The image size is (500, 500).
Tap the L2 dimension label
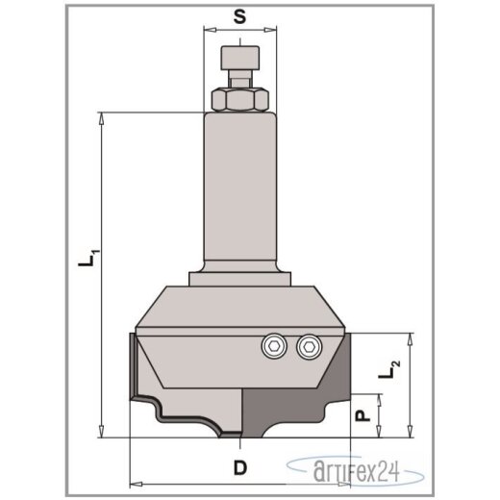click(389, 368)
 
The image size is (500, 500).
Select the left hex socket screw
click(274, 344)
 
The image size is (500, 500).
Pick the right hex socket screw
click(308, 344)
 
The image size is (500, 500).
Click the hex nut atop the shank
click(239, 100)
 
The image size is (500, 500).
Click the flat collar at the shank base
click(239, 277)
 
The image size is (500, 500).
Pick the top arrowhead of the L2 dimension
click(411, 338)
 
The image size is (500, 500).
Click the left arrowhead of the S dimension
click(208, 30)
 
